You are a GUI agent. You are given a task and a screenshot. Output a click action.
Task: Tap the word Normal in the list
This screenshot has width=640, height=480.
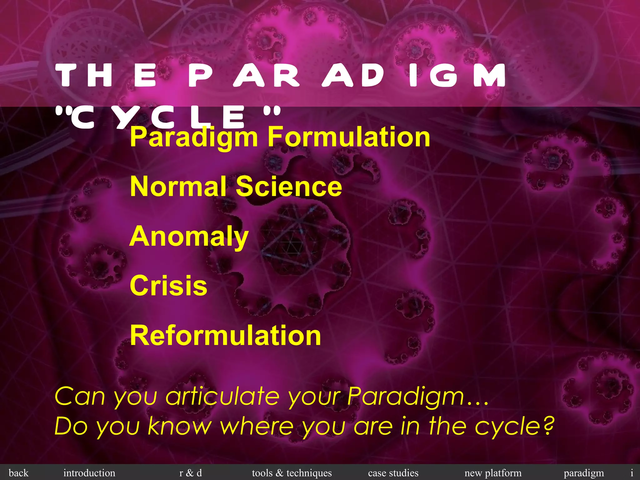pos(178,187)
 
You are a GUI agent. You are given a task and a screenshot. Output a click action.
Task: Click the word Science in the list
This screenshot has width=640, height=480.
pos(289,187)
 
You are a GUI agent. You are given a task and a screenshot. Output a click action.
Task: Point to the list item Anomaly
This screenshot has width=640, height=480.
pos(189,237)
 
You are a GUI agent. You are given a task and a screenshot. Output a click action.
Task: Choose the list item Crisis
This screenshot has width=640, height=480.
pos(168,286)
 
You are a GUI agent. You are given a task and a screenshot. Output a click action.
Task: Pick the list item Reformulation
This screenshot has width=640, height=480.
pos(225,335)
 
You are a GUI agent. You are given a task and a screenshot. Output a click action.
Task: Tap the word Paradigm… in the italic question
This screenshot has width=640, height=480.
pos(417,396)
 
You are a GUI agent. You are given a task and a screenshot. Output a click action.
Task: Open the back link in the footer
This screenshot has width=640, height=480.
pos(18,473)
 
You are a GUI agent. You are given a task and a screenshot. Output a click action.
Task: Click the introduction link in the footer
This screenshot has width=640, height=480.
pos(89,473)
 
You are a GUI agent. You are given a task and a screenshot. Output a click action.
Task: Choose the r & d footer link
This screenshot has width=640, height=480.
pos(190,473)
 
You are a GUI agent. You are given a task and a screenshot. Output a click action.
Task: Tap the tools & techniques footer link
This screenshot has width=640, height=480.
pos(292,473)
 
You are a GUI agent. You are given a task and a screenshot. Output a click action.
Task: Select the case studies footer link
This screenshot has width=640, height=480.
pos(393,473)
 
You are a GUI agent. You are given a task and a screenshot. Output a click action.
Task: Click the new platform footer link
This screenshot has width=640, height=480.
pos(493,473)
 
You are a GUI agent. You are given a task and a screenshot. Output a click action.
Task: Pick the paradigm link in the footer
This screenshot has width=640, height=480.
pos(584,473)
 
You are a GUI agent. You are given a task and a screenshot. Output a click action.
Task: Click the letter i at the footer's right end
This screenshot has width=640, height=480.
pos(632,473)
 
